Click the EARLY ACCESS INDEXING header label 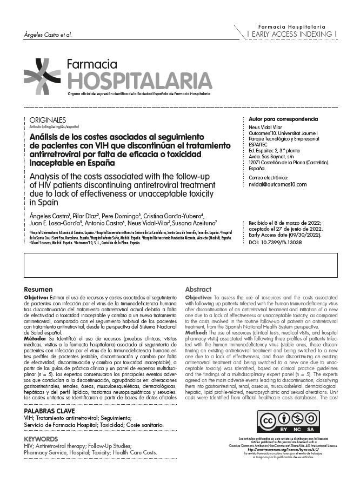click(292, 34)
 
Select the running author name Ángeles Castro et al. click(48, 35)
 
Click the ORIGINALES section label click(48, 120)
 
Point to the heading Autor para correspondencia click(283, 119)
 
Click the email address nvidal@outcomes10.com click(277, 184)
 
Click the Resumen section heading click(38, 289)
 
